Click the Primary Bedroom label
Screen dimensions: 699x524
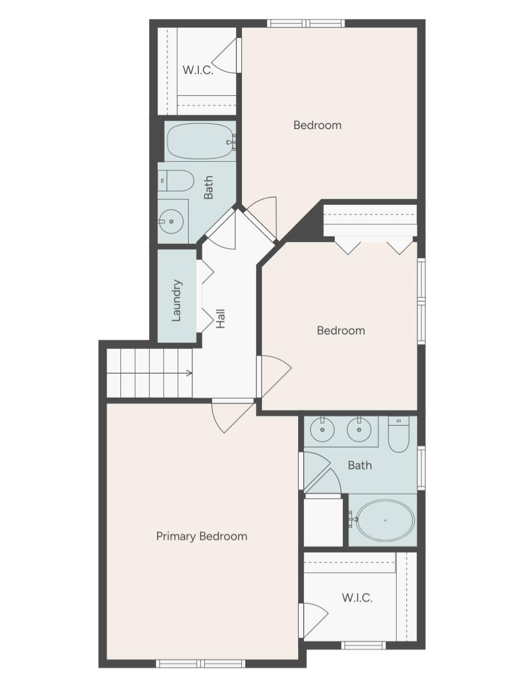(x=202, y=536)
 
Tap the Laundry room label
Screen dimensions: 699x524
(x=177, y=300)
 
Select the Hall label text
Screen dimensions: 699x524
(x=221, y=319)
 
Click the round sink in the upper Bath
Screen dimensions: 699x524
(x=171, y=221)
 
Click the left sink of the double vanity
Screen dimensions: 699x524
(x=322, y=429)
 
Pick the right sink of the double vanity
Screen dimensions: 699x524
(x=359, y=429)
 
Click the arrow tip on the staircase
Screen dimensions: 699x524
(x=190, y=374)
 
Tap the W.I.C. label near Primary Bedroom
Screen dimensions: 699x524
(x=357, y=598)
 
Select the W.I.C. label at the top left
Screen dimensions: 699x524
(x=198, y=70)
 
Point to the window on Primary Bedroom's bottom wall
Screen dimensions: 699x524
(x=201, y=663)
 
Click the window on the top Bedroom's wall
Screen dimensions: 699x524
(x=306, y=24)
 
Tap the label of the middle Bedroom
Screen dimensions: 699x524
(x=341, y=331)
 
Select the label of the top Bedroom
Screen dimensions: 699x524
(x=317, y=125)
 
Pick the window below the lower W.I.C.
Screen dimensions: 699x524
(x=363, y=645)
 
